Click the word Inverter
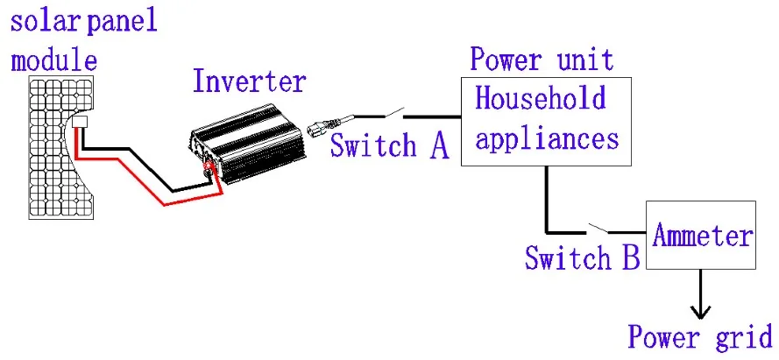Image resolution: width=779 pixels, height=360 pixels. [x=249, y=82]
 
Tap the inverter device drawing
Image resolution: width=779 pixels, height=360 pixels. [x=247, y=143]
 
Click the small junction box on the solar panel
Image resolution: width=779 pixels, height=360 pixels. [x=80, y=122]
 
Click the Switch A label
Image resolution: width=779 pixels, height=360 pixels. [x=389, y=146]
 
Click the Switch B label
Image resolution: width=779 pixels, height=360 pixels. [x=582, y=258]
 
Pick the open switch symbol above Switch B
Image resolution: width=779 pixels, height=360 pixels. [x=598, y=229]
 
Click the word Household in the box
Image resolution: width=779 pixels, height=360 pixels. [x=541, y=98]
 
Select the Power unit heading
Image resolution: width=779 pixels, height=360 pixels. [x=542, y=59]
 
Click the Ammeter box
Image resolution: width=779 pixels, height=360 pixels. [x=700, y=235]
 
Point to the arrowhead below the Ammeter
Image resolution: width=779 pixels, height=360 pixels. [x=701, y=313]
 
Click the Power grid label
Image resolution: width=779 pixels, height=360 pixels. [x=700, y=337]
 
